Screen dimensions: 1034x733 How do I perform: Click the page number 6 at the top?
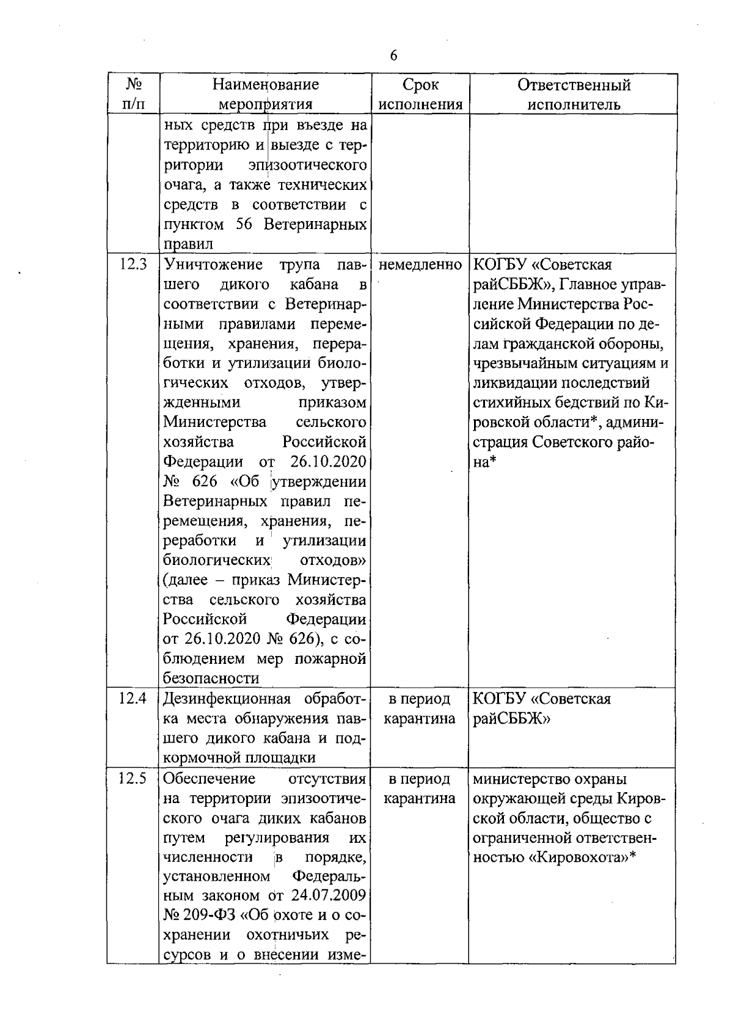(393, 56)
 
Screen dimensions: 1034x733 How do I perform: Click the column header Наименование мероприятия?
(265, 94)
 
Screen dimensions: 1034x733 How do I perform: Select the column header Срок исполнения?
(420, 94)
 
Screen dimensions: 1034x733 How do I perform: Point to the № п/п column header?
(133, 94)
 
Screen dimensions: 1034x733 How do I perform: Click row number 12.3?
(133, 265)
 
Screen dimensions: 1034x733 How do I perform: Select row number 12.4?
(133, 699)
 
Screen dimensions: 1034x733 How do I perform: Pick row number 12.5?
(133, 779)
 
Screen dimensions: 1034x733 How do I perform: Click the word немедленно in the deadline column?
(420, 265)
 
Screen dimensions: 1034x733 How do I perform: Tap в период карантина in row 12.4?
(420, 708)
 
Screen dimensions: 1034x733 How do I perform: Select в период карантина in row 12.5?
(420, 788)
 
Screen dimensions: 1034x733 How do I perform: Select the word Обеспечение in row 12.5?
(209, 779)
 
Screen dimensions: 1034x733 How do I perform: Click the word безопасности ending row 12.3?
(211, 679)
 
